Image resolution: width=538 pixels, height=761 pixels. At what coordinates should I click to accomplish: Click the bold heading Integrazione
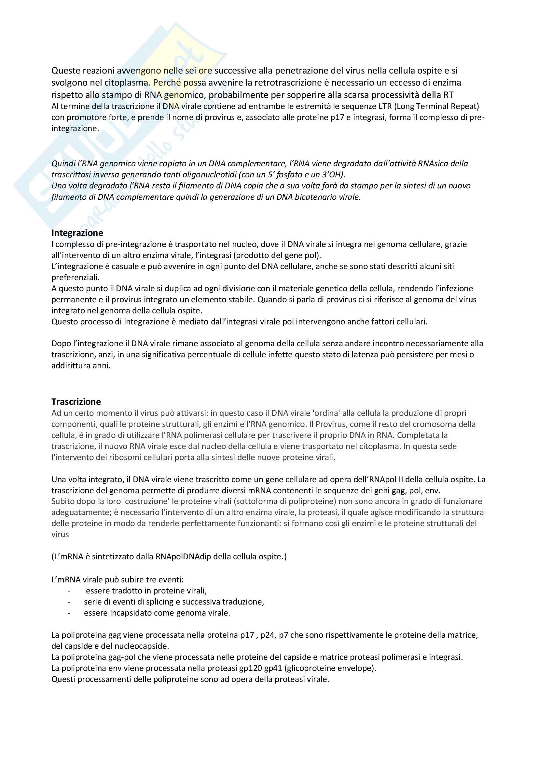click(x=77, y=233)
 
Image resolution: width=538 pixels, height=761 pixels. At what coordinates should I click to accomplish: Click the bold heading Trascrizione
click(x=76, y=401)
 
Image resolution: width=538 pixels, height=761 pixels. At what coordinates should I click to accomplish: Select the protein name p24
click(x=267, y=635)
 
